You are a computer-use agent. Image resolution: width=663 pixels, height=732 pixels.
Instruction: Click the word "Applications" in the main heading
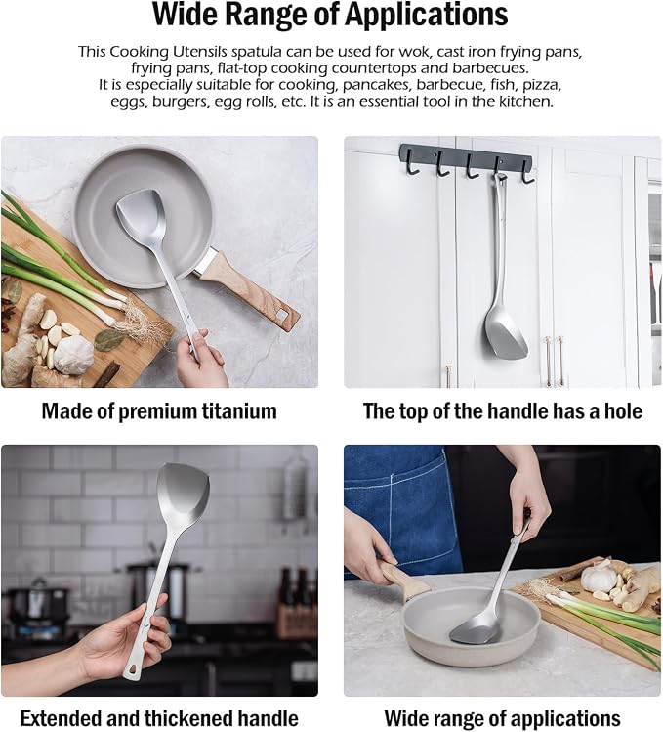pyautogui.click(x=426, y=15)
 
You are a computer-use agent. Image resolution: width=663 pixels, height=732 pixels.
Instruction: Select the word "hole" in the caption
pyautogui.click(x=623, y=411)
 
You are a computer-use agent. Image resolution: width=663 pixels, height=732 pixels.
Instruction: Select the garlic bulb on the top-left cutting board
pyautogui.click(x=73, y=356)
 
